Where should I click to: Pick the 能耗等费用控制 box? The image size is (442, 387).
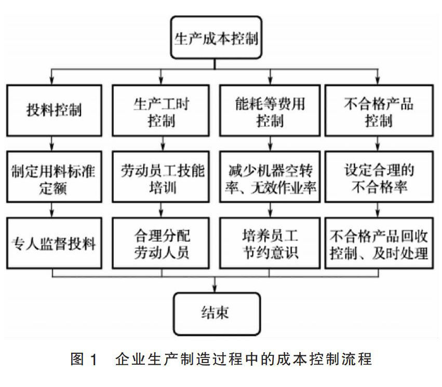tap(270, 110)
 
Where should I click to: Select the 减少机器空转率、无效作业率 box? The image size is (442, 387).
tap(270, 177)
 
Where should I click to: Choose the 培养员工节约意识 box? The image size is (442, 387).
tap(270, 243)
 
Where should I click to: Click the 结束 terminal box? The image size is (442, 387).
tap(216, 313)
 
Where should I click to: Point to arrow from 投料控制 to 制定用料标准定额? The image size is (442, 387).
tap(52, 143)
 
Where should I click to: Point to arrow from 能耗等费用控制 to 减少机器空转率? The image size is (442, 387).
tap(270, 143)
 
